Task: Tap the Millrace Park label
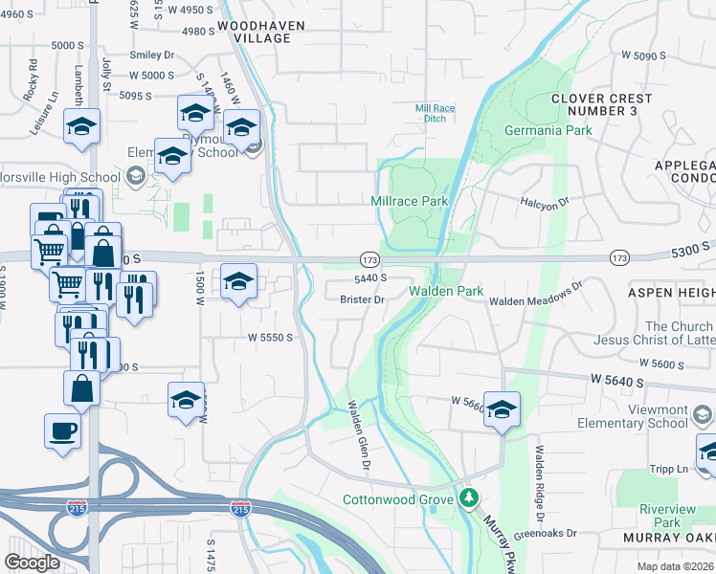click(410, 202)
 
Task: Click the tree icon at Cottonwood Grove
click(468, 497)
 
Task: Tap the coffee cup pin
click(63, 430)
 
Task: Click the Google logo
click(32, 563)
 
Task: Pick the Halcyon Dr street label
click(544, 202)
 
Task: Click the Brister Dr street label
click(362, 299)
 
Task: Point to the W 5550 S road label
click(269, 338)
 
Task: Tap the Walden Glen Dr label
click(358, 434)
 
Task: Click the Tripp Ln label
click(669, 469)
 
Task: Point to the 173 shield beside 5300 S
click(619, 258)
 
